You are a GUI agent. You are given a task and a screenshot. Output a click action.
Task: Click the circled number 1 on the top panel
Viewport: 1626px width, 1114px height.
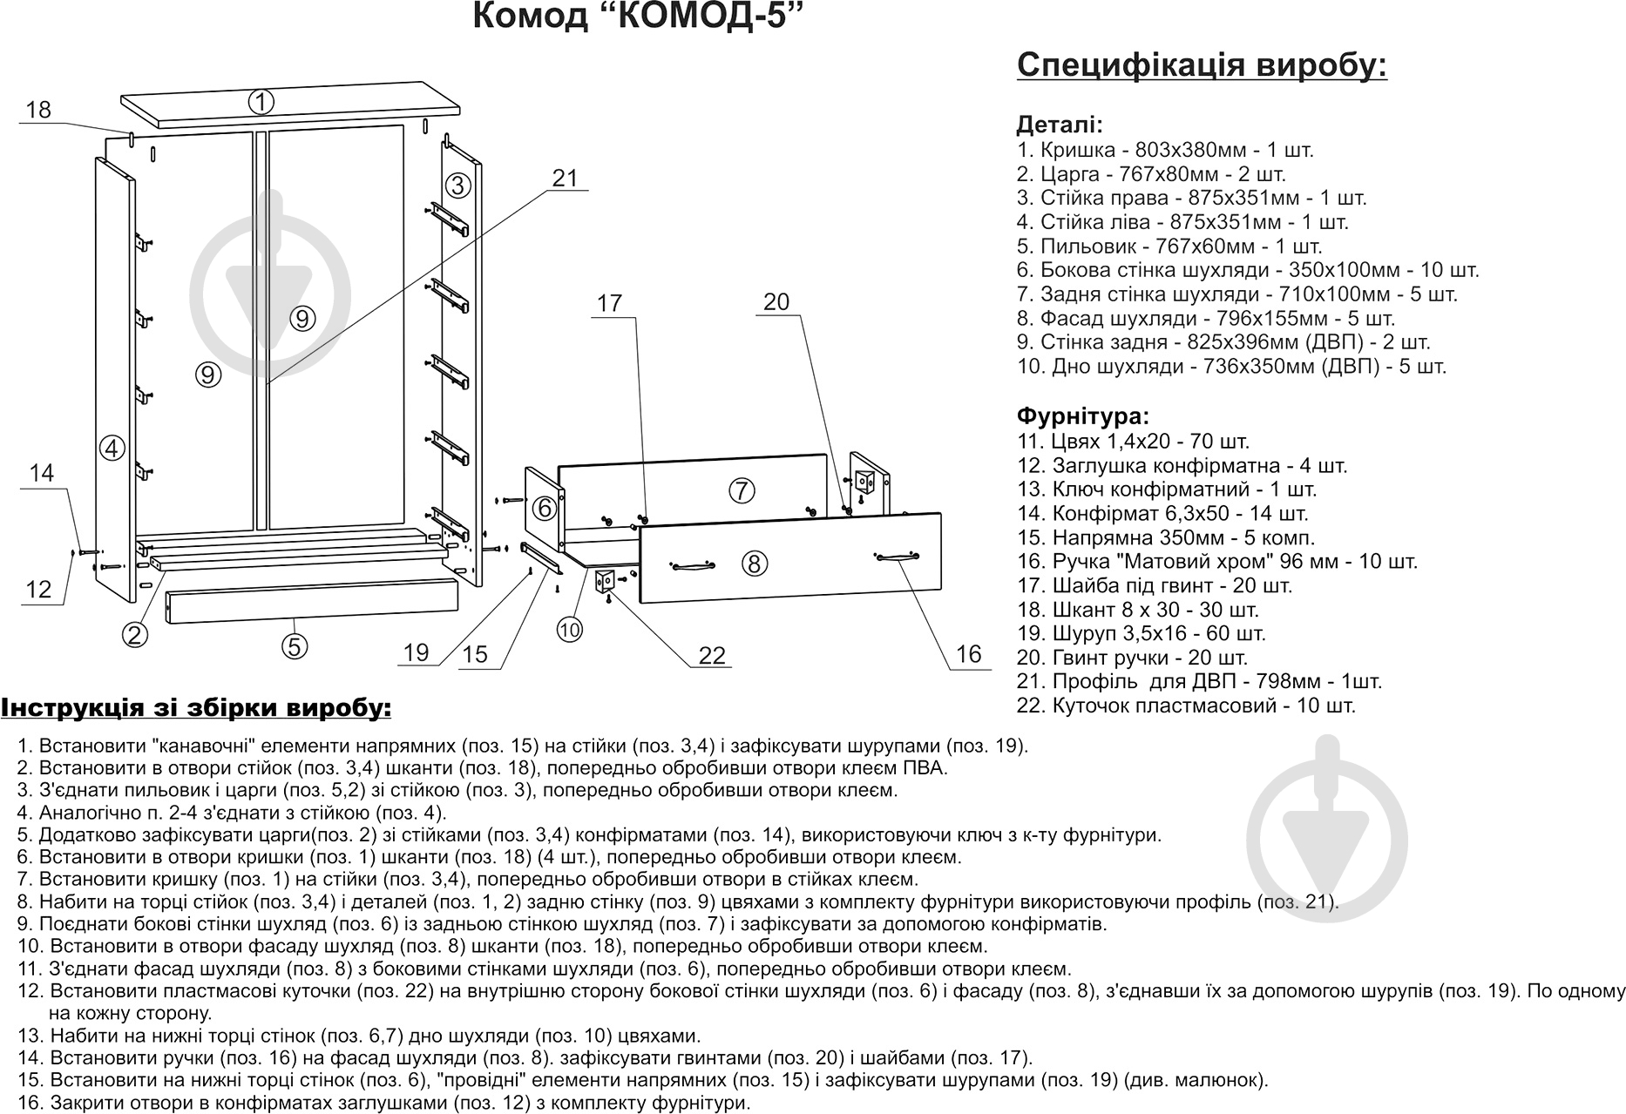click(261, 102)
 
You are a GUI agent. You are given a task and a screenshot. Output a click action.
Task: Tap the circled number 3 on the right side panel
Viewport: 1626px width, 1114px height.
click(458, 186)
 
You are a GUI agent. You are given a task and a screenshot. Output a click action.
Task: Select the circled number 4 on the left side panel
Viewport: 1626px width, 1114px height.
click(112, 449)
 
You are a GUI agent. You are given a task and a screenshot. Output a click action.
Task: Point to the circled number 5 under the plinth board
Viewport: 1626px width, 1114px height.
click(295, 646)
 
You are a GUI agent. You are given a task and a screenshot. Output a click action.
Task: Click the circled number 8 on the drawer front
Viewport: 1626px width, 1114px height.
click(754, 564)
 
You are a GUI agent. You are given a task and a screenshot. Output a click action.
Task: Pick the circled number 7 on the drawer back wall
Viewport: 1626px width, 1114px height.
click(741, 490)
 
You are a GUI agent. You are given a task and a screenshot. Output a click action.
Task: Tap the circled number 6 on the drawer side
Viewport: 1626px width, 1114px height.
click(544, 508)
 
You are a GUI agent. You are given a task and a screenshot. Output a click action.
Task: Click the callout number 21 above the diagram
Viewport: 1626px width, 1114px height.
click(566, 178)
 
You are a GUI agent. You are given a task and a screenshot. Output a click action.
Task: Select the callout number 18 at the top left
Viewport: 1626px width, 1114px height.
click(38, 110)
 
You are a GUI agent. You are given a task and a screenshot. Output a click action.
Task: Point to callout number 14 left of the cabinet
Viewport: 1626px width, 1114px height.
click(42, 473)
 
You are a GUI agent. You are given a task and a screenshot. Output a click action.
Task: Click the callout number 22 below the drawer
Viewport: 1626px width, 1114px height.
click(712, 655)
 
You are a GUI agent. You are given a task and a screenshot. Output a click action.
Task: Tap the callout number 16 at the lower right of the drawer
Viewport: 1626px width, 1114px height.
click(968, 653)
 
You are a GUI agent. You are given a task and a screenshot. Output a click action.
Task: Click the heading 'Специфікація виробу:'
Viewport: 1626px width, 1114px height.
click(1202, 66)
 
